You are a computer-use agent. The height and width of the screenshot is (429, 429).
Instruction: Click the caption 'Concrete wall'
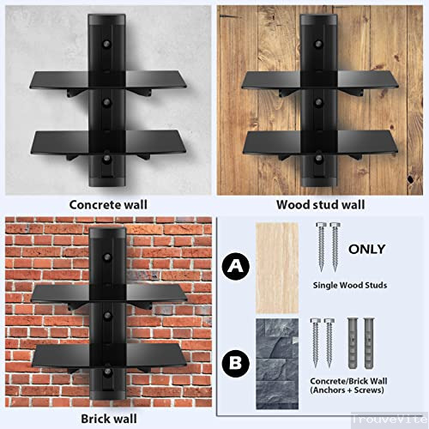tap(107, 205)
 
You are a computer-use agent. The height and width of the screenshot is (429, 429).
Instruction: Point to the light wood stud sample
tap(274, 264)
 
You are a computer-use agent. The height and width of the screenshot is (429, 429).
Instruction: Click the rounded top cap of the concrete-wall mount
tap(107, 19)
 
